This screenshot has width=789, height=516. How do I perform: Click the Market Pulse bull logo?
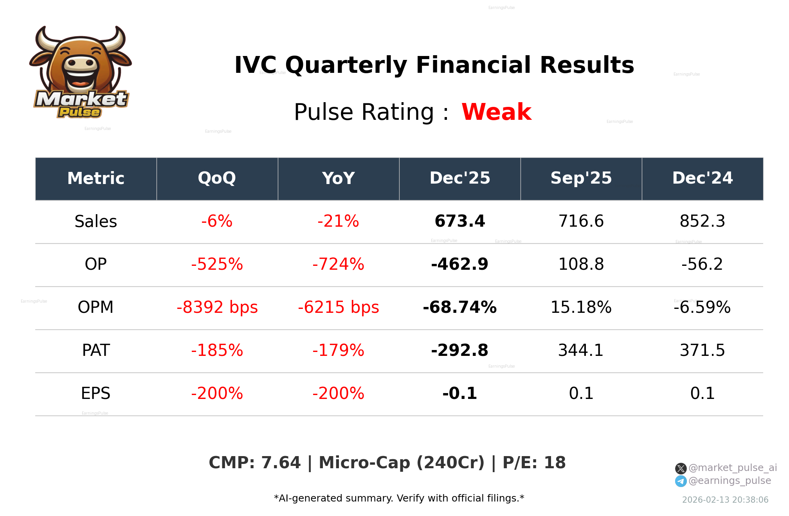pyautogui.click(x=81, y=72)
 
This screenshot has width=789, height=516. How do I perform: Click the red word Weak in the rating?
pyautogui.click(x=496, y=112)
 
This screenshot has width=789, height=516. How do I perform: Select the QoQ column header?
pyautogui.click(x=217, y=179)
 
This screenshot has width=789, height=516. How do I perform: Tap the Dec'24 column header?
pyautogui.click(x=702, y=179)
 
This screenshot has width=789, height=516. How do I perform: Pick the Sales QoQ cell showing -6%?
pyautogui.click(x=217, y=222)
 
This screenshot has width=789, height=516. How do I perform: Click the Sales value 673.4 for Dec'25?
pyautogui.click(x=460, y=222)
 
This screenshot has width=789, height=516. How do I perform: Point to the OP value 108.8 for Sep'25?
pyautogui.click(x=581, y=265)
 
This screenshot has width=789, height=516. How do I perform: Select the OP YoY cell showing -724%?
pyautogui.click(x=338, y=265)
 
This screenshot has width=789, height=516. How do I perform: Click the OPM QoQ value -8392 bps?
pyautogui.click(x=217, y=308)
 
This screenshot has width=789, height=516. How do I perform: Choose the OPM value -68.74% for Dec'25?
pyautogui.click(x=460, y=308)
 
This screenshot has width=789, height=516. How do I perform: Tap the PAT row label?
pyautogui.click(x=96, y=351)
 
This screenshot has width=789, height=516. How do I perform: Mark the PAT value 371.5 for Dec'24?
pyautogui.click(x=702, y=351)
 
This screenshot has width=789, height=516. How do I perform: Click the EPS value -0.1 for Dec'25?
pyautogui.click(x=460, y=394)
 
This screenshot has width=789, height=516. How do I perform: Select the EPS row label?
pyautogui.click(x=96, y=394)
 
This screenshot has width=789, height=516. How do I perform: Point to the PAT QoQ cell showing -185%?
pyautogui.click(x=217, y=351)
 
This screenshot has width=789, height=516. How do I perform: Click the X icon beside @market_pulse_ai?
pyautogui.click(x=681, y=468)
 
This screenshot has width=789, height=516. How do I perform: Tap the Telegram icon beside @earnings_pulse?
pyautogui.click(x=681, y=481)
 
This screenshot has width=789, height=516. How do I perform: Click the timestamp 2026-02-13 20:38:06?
pyautogui.click(x=725, y=500)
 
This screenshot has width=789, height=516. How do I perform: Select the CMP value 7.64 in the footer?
pyautogui.click(x=281, y=463)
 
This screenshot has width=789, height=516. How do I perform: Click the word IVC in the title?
pyautogui.click(x=255, y=65)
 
